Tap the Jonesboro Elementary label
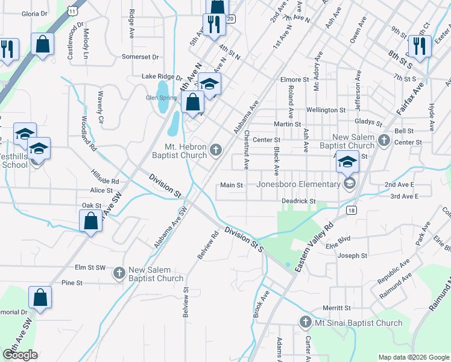298,184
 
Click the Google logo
20,355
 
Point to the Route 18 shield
352,209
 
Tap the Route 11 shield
73,10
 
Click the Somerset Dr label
140,57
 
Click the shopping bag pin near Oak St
90,221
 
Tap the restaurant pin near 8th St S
417,46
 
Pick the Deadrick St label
298,201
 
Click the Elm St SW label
90,267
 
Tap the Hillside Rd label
105,181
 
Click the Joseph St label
353,256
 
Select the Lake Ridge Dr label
162,77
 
